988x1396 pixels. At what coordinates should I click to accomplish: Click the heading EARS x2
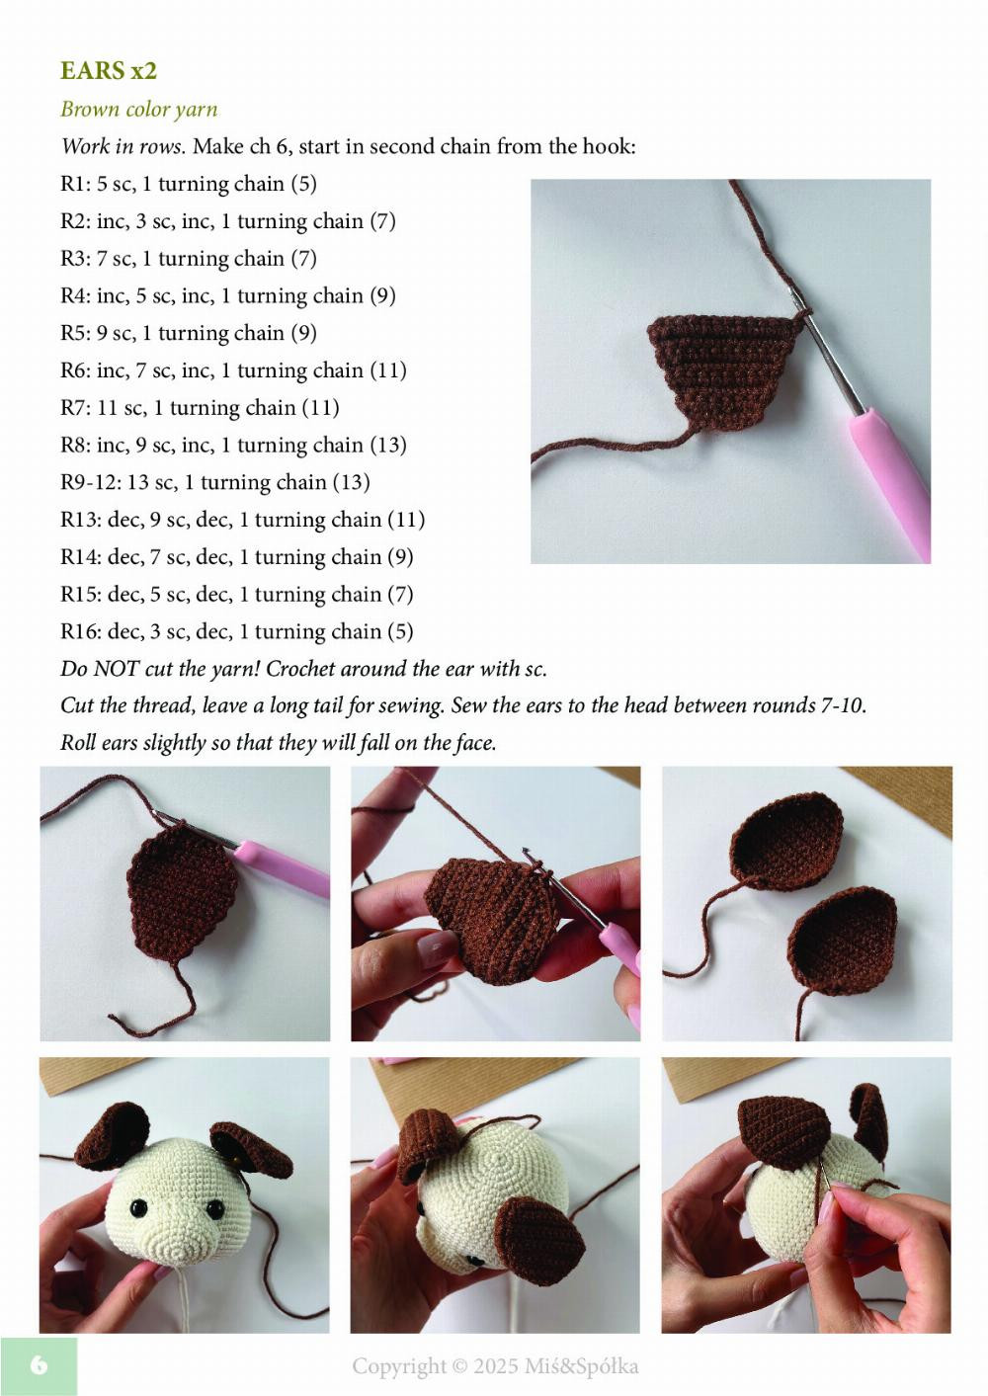109,71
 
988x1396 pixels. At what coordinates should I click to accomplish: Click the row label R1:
75,184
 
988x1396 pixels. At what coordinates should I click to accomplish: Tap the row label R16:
81,631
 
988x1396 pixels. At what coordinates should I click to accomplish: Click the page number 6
39,1365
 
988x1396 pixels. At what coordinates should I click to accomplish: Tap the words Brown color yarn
138,109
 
